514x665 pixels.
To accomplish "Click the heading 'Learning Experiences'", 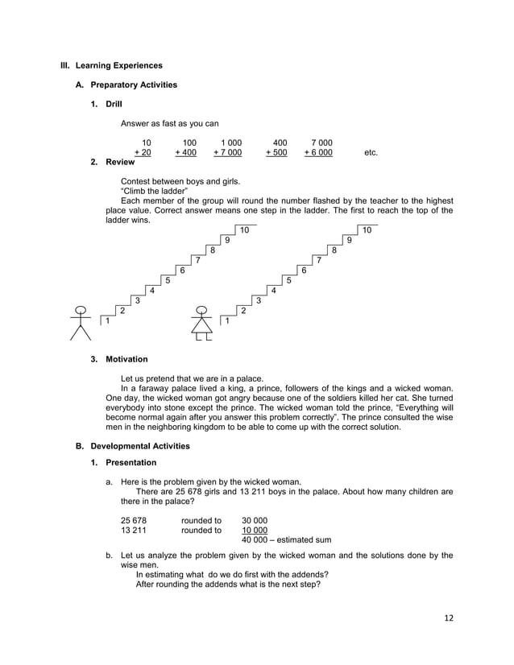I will pos(114,65).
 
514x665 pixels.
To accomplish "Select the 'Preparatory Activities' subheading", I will pos(134,85).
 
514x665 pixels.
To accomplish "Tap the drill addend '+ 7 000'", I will pos(227,153).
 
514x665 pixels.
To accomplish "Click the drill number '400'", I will pos(280,142).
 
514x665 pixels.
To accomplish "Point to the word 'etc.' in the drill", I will pos(371,153).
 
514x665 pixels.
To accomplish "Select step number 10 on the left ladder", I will pos(244,230).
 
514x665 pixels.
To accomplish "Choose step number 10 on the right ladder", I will pos(367,230).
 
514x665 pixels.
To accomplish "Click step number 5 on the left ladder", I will pos(167,281).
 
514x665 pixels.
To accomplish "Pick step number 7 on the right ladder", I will pos(319,260).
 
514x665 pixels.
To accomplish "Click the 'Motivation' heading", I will pos(126,359).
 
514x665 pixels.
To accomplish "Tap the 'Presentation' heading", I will pos(131,463).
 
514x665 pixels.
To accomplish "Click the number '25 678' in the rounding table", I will pos(134,520).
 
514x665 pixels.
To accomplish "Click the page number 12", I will pos(449,617).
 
